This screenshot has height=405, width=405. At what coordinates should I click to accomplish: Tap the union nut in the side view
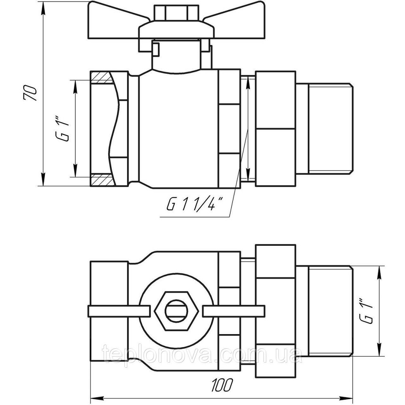pos(275,129)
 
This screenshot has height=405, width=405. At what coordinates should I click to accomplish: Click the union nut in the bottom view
pos(275,311)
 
